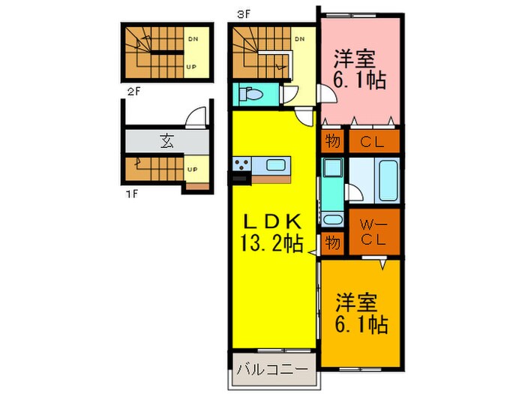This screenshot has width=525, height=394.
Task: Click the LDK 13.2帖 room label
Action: [271, 232]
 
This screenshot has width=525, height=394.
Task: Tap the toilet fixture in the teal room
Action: [251, 94]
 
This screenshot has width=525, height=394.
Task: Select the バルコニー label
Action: [272, 369]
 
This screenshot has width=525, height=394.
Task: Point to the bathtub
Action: [388, 180]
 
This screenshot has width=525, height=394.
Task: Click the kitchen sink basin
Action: [275, 165]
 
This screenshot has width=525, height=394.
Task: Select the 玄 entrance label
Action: [167, 141]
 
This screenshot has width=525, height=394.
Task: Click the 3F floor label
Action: [244, 14]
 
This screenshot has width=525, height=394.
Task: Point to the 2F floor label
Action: [133, 91]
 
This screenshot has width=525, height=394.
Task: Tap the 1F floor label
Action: [131, 194]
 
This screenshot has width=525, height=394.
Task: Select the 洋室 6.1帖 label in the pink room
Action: [359, 69]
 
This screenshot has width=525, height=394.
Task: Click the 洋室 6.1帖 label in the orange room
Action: [361, 313]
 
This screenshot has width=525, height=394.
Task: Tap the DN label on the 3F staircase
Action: [300, 39]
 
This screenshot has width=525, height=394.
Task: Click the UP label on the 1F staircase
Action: [192, 169]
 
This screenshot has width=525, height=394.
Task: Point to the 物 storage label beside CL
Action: [332, 141]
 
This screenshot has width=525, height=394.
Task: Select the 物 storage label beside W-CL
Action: [332, 242]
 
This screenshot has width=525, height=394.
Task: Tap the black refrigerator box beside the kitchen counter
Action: [240, 178]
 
